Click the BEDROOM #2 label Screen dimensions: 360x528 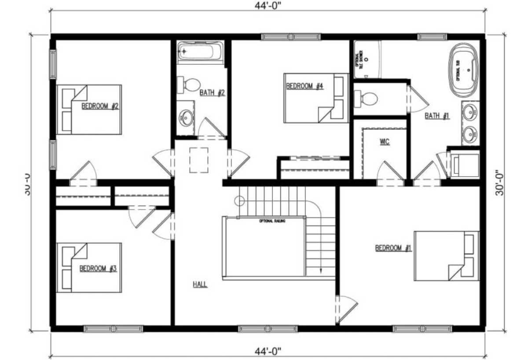coord(100,106)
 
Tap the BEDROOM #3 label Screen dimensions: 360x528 coord(98,268)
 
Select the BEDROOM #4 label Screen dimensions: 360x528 coord(305,86)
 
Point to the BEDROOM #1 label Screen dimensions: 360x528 coord(393,248)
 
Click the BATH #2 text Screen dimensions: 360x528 coord(212,93)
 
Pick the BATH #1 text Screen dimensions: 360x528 coord(437,116)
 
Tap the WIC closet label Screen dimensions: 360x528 coord(384,142)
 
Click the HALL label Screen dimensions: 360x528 coord(200,284)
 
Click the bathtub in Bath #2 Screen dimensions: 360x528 coord(200,52)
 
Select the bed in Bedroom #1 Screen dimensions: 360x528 coord(446,256)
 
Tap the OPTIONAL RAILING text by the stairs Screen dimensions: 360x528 coord(272,220)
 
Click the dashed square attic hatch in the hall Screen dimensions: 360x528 coord(199,160)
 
